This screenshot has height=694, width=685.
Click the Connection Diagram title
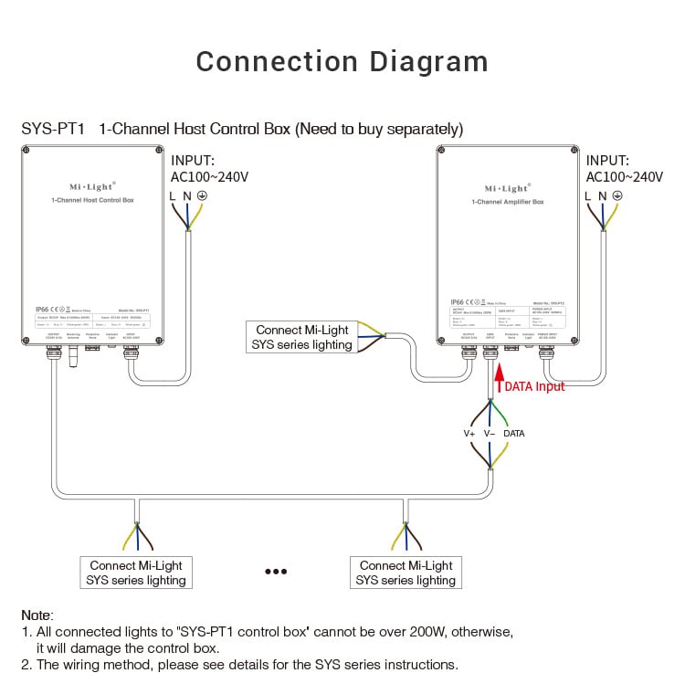[x=342, y=61]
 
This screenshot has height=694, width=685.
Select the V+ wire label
[x=469, y=433]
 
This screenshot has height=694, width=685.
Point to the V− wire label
[x=490, y=433]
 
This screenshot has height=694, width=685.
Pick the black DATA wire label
[x=514, y=433]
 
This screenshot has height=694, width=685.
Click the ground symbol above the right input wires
[x=617, y=195]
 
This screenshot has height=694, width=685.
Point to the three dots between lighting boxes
[x=276, y=572]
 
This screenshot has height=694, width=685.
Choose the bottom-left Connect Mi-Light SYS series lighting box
[x=136, y=573]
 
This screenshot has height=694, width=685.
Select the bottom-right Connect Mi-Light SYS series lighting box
[x=406, y=573]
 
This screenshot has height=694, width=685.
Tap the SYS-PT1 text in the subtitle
[x=53, y=129]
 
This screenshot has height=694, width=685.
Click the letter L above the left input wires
[x=173, y=195]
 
